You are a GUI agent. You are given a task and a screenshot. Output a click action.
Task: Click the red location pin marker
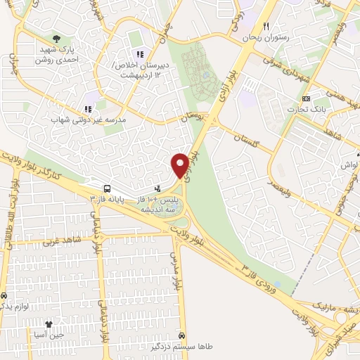pyautogui.click(x=180, y=165)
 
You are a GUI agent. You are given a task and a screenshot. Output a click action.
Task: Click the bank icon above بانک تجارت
pyautogui.click(x=305, y=98)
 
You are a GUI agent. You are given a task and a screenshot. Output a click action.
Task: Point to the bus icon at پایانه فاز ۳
pyautogui.click(x=107, y=188)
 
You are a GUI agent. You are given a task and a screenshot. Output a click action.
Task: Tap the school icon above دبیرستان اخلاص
pyautogui.click(x=139, y=53)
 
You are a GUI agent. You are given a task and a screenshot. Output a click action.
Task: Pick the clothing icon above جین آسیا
pyautogui.click(x=49, y=324)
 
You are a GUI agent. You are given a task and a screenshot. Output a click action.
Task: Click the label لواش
pyautogui.click(x=349, y=163)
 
